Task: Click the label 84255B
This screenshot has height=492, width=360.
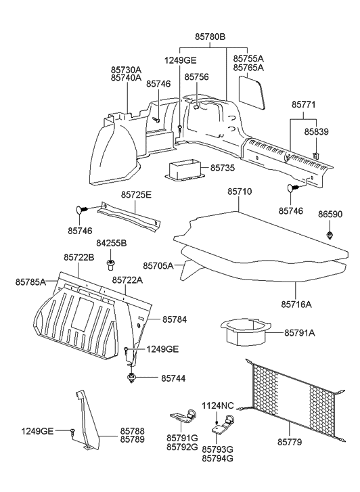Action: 111,243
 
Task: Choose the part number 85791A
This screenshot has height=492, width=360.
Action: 299,332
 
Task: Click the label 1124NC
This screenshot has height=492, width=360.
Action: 217,405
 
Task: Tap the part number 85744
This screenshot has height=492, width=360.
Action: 174,378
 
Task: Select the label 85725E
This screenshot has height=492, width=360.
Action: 137,195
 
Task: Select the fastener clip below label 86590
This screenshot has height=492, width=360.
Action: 330,234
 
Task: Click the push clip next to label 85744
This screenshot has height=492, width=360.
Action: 133,378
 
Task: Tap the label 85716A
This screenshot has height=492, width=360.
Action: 296,304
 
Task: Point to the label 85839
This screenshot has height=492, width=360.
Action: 316,131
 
